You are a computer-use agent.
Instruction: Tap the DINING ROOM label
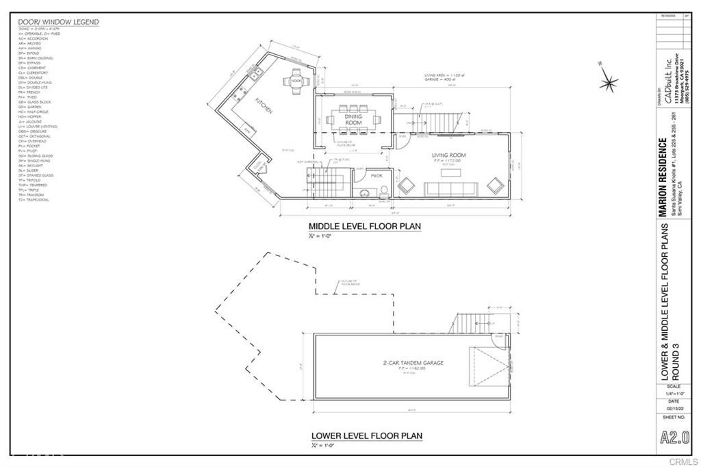(353, 119)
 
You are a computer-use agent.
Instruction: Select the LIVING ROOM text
(448, 156)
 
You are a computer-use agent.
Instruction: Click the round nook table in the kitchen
(296, 80)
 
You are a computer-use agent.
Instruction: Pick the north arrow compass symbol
(607, 83)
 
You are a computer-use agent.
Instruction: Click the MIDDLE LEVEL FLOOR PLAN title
(365, 226)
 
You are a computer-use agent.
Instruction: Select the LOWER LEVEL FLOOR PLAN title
(367, 436)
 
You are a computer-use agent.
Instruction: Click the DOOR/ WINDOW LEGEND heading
(58, 22)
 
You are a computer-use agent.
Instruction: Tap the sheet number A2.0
(674, 437)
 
